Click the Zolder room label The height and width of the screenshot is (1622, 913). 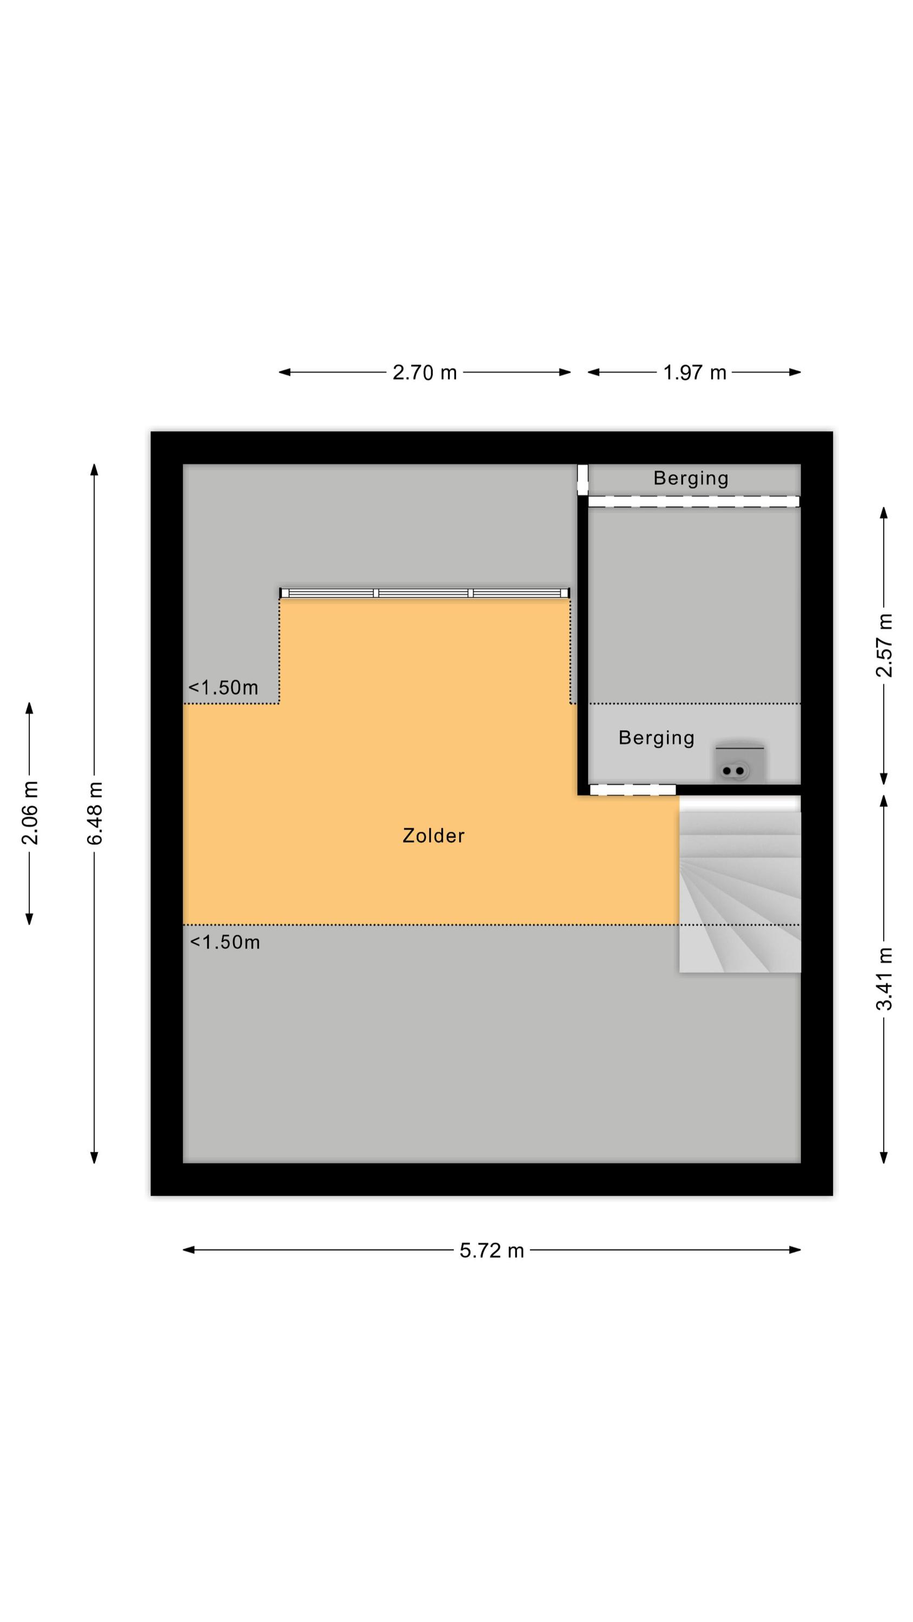pyautogui.click(x=433, y=835)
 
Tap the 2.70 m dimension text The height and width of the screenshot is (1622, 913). pyautogui.click(x=424, y=372)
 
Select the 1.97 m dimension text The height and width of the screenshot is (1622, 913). pyautogui.click(x=694, y=372)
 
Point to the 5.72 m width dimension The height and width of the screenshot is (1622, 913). pyautogui.click(x=492, y=1250)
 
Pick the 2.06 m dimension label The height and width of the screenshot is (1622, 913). pyautogui.click(x=30, y=813)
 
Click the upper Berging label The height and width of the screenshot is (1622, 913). pyautogui.click(x=691, y=478)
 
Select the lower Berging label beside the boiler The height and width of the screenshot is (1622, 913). pyautogui.click(x=656, y=737)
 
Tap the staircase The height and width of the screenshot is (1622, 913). pyautogui.click(x=740, y=884)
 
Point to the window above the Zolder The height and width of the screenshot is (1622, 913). pyautogui.click(x=425, y=593)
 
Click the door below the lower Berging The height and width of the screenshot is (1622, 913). pyautogui.click(x=633, y=789)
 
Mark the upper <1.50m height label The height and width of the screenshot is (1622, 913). pyautogui.click(x=223, y=687)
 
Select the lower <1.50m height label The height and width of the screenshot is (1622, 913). pyautogui.click(x=225, y=942)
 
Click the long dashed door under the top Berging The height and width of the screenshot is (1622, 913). pyautogui.click(x=694, y=501)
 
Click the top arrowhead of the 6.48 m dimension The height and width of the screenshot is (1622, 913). pyautogui.click(x=95, y=470)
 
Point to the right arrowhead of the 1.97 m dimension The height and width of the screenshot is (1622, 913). pyautogui.click(x=795, y=372)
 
